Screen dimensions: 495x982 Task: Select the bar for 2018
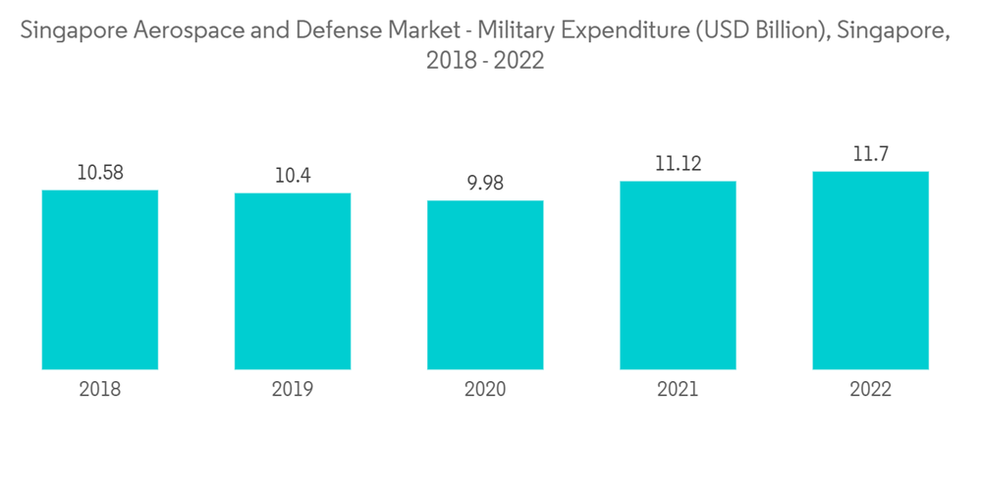(x=100, y=280)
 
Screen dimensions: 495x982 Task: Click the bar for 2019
(x=293, y=282)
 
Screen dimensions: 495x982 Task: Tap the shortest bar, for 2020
(x=485, y=286)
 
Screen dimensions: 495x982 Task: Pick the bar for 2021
(x=678, y=276)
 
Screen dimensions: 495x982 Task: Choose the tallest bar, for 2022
(x=870, y=271)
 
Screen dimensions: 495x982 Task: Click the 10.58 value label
(x=100, y=173)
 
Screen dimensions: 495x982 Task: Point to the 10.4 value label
(x=293, y=176)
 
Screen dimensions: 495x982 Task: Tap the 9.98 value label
(x=485, y=184)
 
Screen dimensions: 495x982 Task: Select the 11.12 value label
(x=678, y=164)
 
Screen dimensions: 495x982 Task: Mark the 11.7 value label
(x=870, y=154)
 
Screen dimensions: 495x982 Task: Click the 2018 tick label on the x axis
(x=100, y=390)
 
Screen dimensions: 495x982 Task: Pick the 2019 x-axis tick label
(x=293, y=390)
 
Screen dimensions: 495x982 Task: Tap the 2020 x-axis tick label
(x=485, y=390)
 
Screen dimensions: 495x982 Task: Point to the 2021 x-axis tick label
(x=678, y=390)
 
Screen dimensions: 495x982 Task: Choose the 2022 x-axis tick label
(x=870, y=390)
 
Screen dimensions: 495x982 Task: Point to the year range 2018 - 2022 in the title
(x=485, y=61)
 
